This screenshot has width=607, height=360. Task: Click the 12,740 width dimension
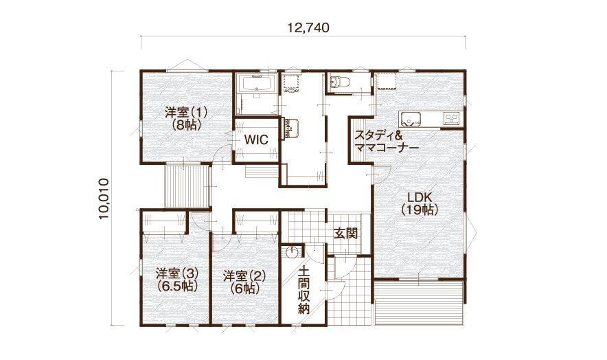(308, 28)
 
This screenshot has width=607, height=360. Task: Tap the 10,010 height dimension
(104, 199)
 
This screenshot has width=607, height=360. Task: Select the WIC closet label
(256, 139)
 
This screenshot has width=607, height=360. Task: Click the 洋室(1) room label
(186, 113)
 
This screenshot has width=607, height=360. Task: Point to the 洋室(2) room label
(244, 276)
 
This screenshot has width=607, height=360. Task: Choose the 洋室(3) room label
(177, 273)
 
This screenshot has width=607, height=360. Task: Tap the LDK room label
(420, 196)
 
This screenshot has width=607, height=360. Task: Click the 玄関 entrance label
(345, 234)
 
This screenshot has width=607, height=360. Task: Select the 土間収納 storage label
(304, 289)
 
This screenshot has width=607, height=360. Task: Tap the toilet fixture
(341, 82)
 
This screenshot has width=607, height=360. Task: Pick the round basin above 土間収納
(292, 252)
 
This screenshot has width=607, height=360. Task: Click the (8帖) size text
(186, 125)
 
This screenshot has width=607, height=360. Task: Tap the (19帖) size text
(420, 210)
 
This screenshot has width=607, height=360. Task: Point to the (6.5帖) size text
(178, 286)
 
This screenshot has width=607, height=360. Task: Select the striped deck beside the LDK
(418, 302)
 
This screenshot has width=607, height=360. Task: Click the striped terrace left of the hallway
(187, 186)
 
